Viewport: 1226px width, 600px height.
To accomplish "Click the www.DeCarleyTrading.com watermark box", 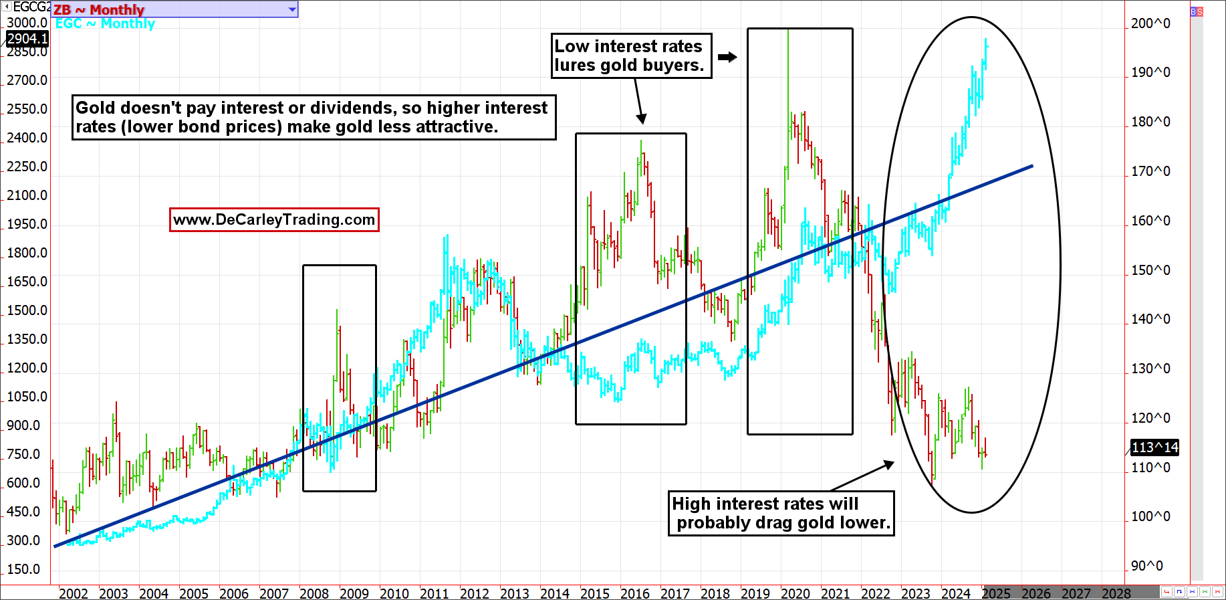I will click(274, 219).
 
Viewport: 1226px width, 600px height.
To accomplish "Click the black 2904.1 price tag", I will click(27, 39).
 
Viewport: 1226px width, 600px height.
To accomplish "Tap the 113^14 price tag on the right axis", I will click(1154, 447).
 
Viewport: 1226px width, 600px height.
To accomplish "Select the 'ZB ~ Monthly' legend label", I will click(98, 9).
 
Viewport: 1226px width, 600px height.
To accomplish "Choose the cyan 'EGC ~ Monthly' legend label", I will click(105, 23).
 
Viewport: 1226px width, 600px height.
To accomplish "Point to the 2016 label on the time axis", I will click(634, 593).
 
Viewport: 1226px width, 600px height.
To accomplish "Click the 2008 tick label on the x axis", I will click(314, 593).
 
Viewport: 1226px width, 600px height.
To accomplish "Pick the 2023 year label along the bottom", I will click(915, 593).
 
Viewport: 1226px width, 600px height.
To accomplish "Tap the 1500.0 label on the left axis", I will click(27, 310).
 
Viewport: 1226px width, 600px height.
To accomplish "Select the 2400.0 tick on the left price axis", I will click(27, 138).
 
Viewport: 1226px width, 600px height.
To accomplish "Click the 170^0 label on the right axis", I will click(1150, 171).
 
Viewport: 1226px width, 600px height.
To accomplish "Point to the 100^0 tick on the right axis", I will click(1150, 516).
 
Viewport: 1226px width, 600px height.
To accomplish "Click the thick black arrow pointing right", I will click(727, 57).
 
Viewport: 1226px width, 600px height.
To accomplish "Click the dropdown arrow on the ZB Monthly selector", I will click(292, 9).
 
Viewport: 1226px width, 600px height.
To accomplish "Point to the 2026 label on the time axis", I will click(1035, 593).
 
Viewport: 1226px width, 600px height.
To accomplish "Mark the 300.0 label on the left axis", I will click(23, 540).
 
